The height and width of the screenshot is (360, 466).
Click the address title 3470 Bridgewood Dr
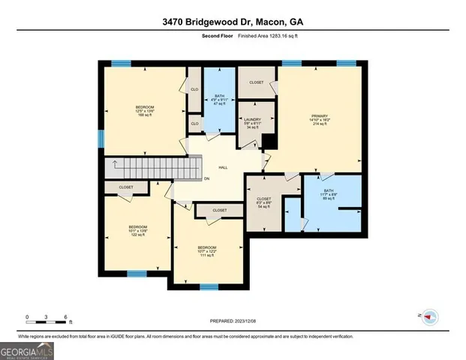(x=233, y=22)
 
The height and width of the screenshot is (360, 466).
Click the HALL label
(x=223, y=167)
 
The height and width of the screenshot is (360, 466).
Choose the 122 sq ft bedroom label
(x=137, y=230)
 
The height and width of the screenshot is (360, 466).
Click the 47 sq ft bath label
(x=219, y=99)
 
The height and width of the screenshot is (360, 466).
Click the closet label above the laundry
(x=257, y=82)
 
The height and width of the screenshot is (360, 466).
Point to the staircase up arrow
(x=115, y=164)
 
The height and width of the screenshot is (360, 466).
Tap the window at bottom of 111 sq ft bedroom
(x=209, y=286)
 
